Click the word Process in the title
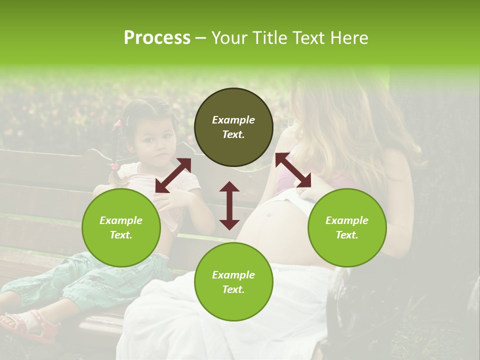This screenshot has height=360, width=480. (157, 38)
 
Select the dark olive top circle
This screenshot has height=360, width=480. (233, 127)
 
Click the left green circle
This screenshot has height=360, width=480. (121, 227)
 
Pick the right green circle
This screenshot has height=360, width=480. (347, 227)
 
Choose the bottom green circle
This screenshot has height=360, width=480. (233, 281)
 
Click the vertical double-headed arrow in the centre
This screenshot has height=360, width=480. (229, 205)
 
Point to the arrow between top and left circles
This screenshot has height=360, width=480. (173, 175)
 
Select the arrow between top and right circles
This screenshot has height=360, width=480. (293, 170)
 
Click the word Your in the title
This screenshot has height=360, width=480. (231, 38)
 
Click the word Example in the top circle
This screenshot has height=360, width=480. (233, 120)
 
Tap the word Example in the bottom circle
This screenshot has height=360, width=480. (233, 275)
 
